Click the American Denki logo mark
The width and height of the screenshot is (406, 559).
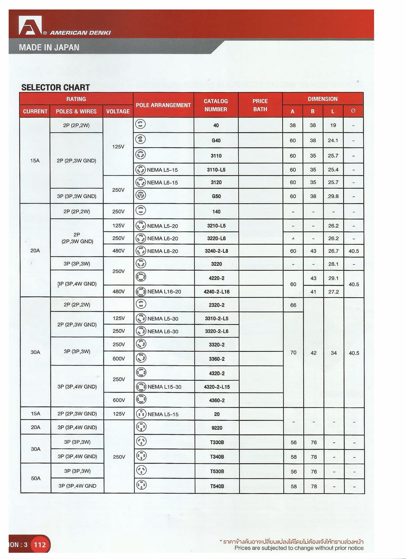point(30,25)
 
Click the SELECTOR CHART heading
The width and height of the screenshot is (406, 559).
point(55,88)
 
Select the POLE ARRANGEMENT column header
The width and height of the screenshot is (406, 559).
point(163,105)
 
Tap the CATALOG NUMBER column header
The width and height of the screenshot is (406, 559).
point(216,105)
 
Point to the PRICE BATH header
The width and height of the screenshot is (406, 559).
point(260,105)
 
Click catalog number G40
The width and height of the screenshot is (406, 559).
point(216,140)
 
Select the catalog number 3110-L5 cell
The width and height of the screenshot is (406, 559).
point(216,170)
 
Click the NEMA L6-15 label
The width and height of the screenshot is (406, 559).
point(162,183)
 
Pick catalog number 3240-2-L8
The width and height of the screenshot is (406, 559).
point(216,251)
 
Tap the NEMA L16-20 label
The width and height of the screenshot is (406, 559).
point(164,292)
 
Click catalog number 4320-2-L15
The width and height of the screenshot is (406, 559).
point(217,387)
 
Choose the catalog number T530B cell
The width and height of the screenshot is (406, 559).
point(217,471)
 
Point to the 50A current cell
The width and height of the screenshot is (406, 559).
point(36,478)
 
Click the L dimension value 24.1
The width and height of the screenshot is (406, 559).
point(333,140)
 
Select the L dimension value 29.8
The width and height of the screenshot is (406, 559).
point(333,196)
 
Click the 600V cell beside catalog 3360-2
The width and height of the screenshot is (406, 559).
point(119,359)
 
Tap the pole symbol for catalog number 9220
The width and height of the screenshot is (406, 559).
point(141,427)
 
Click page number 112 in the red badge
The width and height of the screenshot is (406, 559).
point(40,545)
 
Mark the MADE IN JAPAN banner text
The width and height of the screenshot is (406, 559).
point(49,47)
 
